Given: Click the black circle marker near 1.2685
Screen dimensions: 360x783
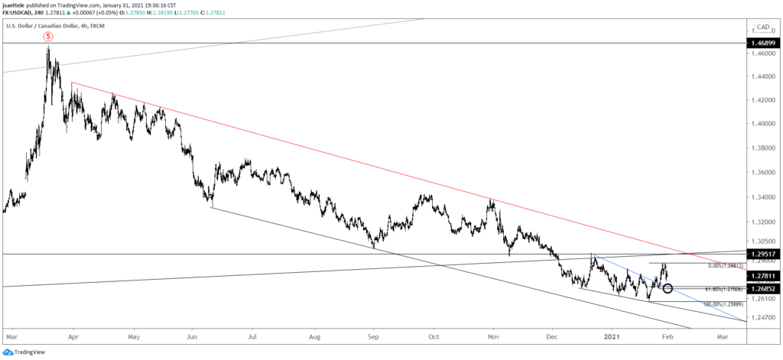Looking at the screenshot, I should (x=668, y=288).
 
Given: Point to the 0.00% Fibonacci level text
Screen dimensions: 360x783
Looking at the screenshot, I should (x=722, y=265).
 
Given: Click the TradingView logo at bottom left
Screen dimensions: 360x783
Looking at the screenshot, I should (x=28, y=352).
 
